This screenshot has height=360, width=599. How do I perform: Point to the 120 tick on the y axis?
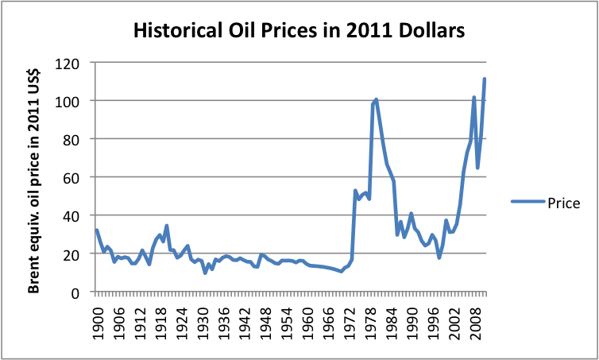point(74,63)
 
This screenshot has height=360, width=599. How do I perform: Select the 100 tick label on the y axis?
point(74,101)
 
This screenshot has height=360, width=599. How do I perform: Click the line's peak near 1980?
point(376,99)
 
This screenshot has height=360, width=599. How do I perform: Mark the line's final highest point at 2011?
point(485,79)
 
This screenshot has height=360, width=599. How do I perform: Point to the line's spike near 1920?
point(167,226)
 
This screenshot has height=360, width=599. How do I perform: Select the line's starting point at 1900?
point(97,230)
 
